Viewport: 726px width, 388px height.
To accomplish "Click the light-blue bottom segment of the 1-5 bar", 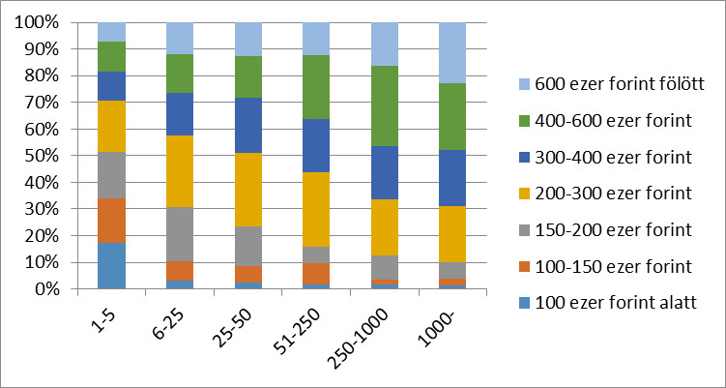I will [111, 266].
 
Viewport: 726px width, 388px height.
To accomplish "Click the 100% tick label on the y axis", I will [38, 22].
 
